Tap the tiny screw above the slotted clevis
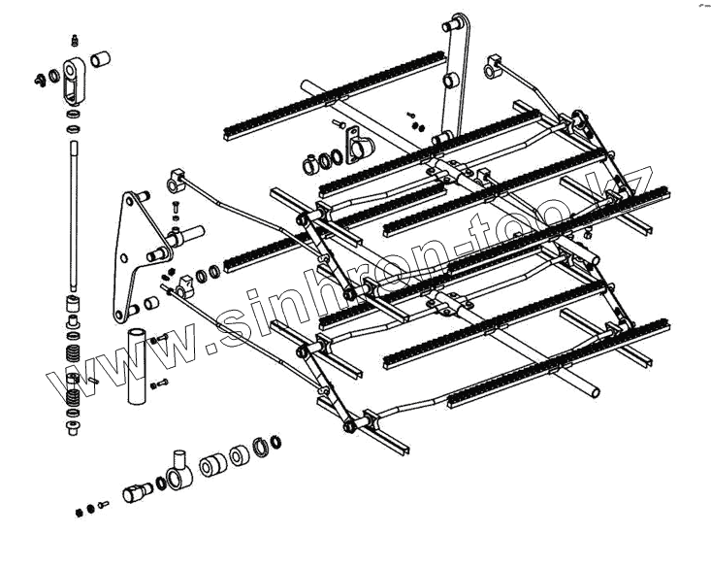pyautogui.click(x=75, y=40)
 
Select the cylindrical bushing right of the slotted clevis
pyautogui.click(x=100, y=60)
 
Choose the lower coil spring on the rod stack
pyautogui.click(x=73, y=393)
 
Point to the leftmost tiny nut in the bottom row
pyautogui.click(x=78, y=511)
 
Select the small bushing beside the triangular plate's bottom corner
pyautogui.click(x=151, y=307)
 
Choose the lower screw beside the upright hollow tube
pyautogui.click(x=162, y=386)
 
